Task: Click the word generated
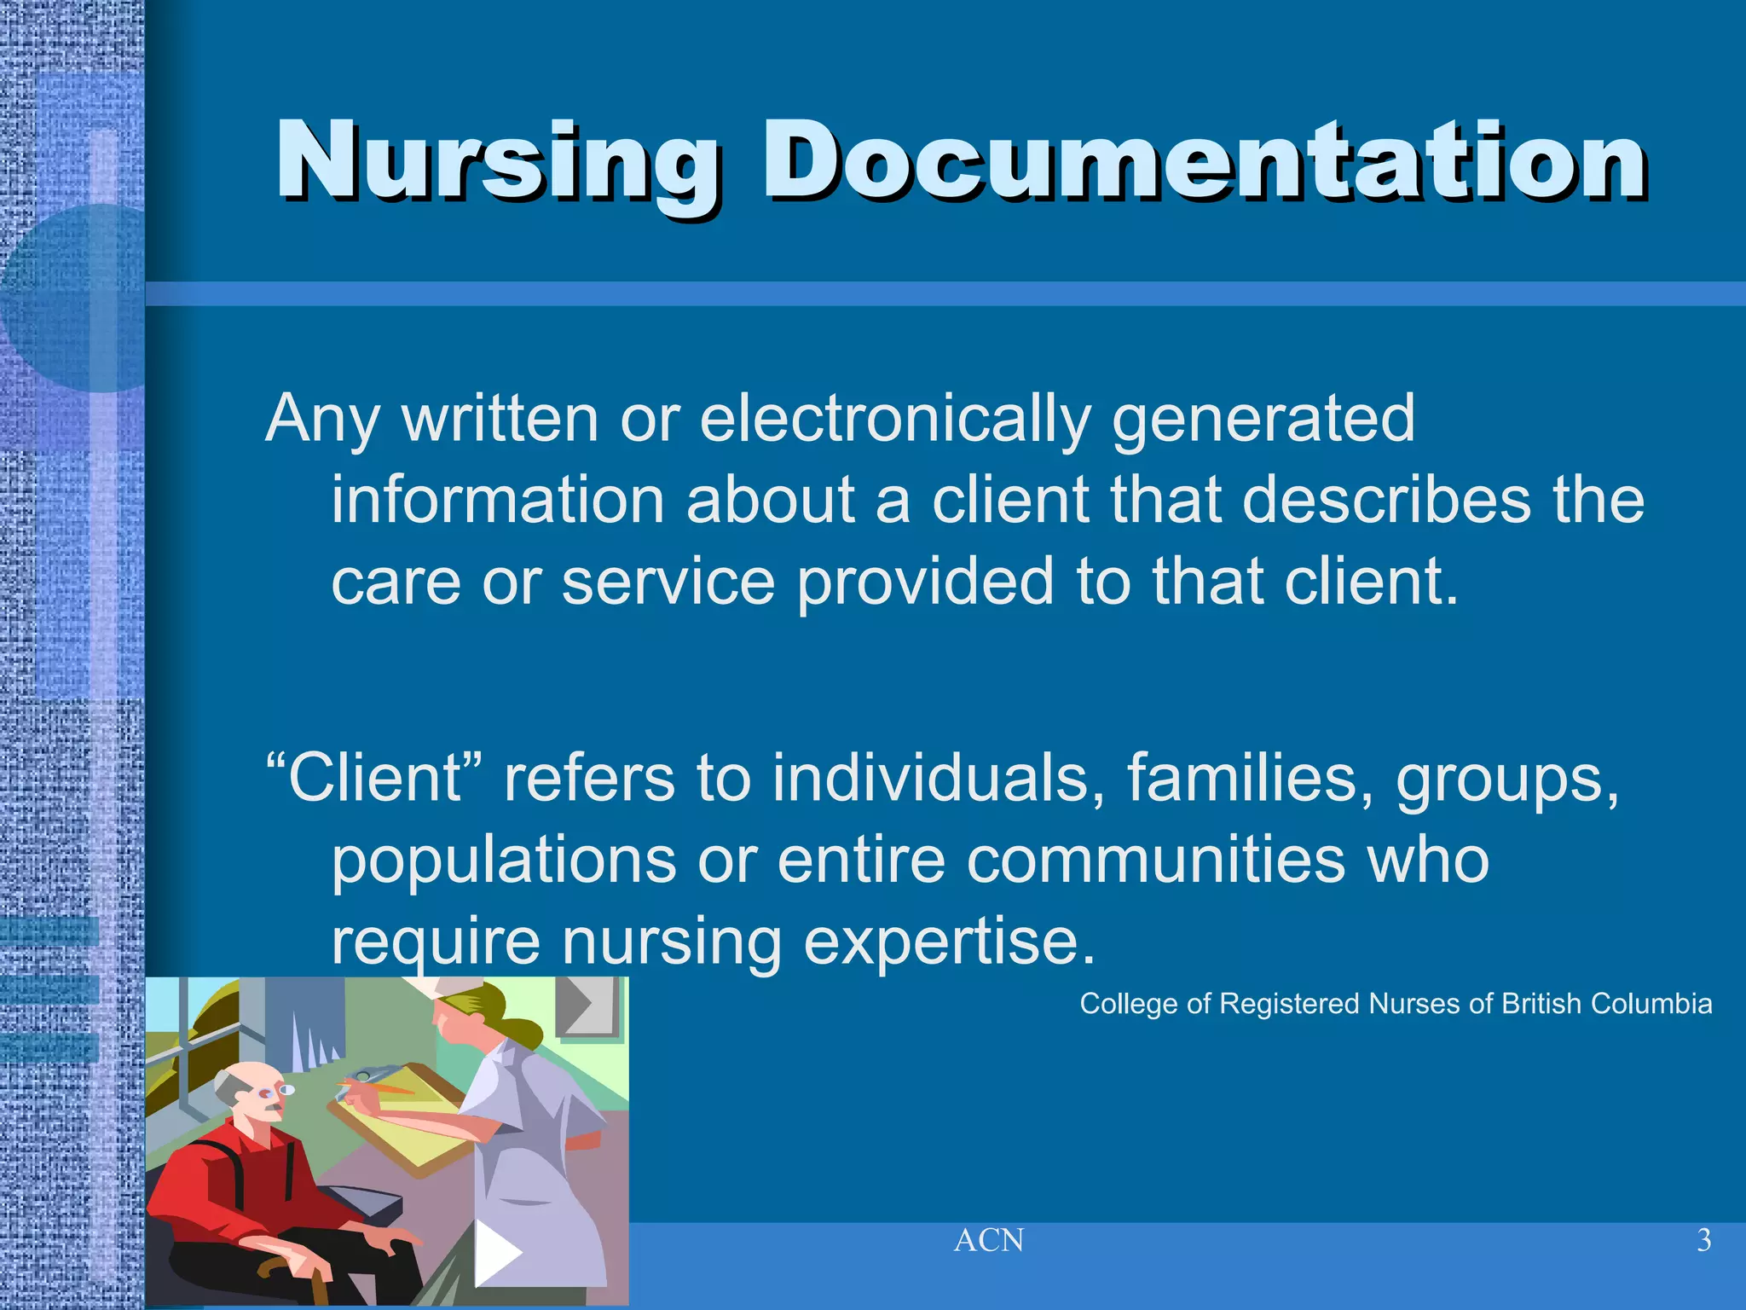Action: [x=1263, y=420]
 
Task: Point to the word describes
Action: [x=1386, y=500]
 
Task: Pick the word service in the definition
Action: [x=668, y=582]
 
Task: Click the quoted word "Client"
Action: [x=375, y=778]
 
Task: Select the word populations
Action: [x=504, y=861]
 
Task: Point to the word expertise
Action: [x=949, y=942]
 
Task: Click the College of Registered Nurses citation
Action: [x=1396, y=1004]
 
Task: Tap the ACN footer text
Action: [x=989, y=1240]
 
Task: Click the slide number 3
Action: [x=1703, y=1240]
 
